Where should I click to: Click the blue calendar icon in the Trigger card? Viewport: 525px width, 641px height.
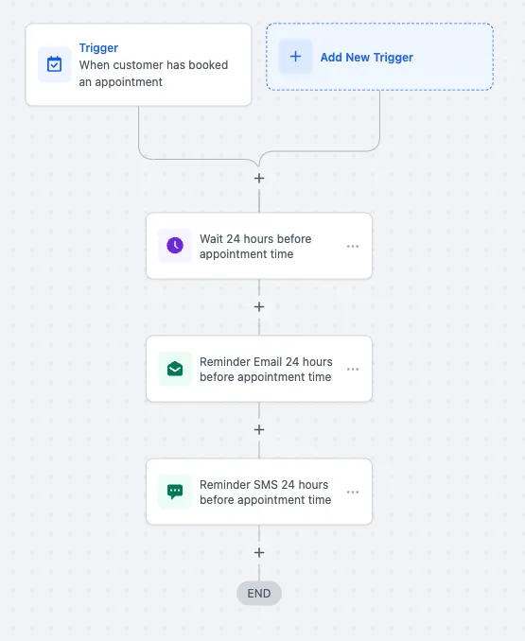point(54,64)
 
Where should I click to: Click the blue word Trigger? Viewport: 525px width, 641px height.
point(98,48)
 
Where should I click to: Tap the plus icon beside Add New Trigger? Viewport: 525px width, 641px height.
point(296,57)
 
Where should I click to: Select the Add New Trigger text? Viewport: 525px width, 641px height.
point(367,58)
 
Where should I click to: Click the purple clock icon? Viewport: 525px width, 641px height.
point(175,245)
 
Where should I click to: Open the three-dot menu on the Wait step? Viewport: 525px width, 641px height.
point(353,246)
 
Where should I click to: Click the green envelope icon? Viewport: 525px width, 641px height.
point(175,369)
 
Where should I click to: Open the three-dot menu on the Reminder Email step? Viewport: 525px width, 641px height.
point(353,369)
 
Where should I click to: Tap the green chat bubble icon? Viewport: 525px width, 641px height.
point(175,492)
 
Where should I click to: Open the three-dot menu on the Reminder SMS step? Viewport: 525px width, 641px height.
point(353,492)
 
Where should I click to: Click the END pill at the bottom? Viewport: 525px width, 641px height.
point(259,593)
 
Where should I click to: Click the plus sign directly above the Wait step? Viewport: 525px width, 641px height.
point(259,179)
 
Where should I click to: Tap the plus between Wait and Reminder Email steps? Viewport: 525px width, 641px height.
point(259,307)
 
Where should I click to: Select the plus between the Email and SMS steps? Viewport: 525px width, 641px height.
point(259,429)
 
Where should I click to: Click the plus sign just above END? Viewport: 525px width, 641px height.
point(259,553)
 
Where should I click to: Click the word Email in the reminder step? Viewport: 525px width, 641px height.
point(268,362)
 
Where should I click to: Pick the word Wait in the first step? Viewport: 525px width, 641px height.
point(211,239)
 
